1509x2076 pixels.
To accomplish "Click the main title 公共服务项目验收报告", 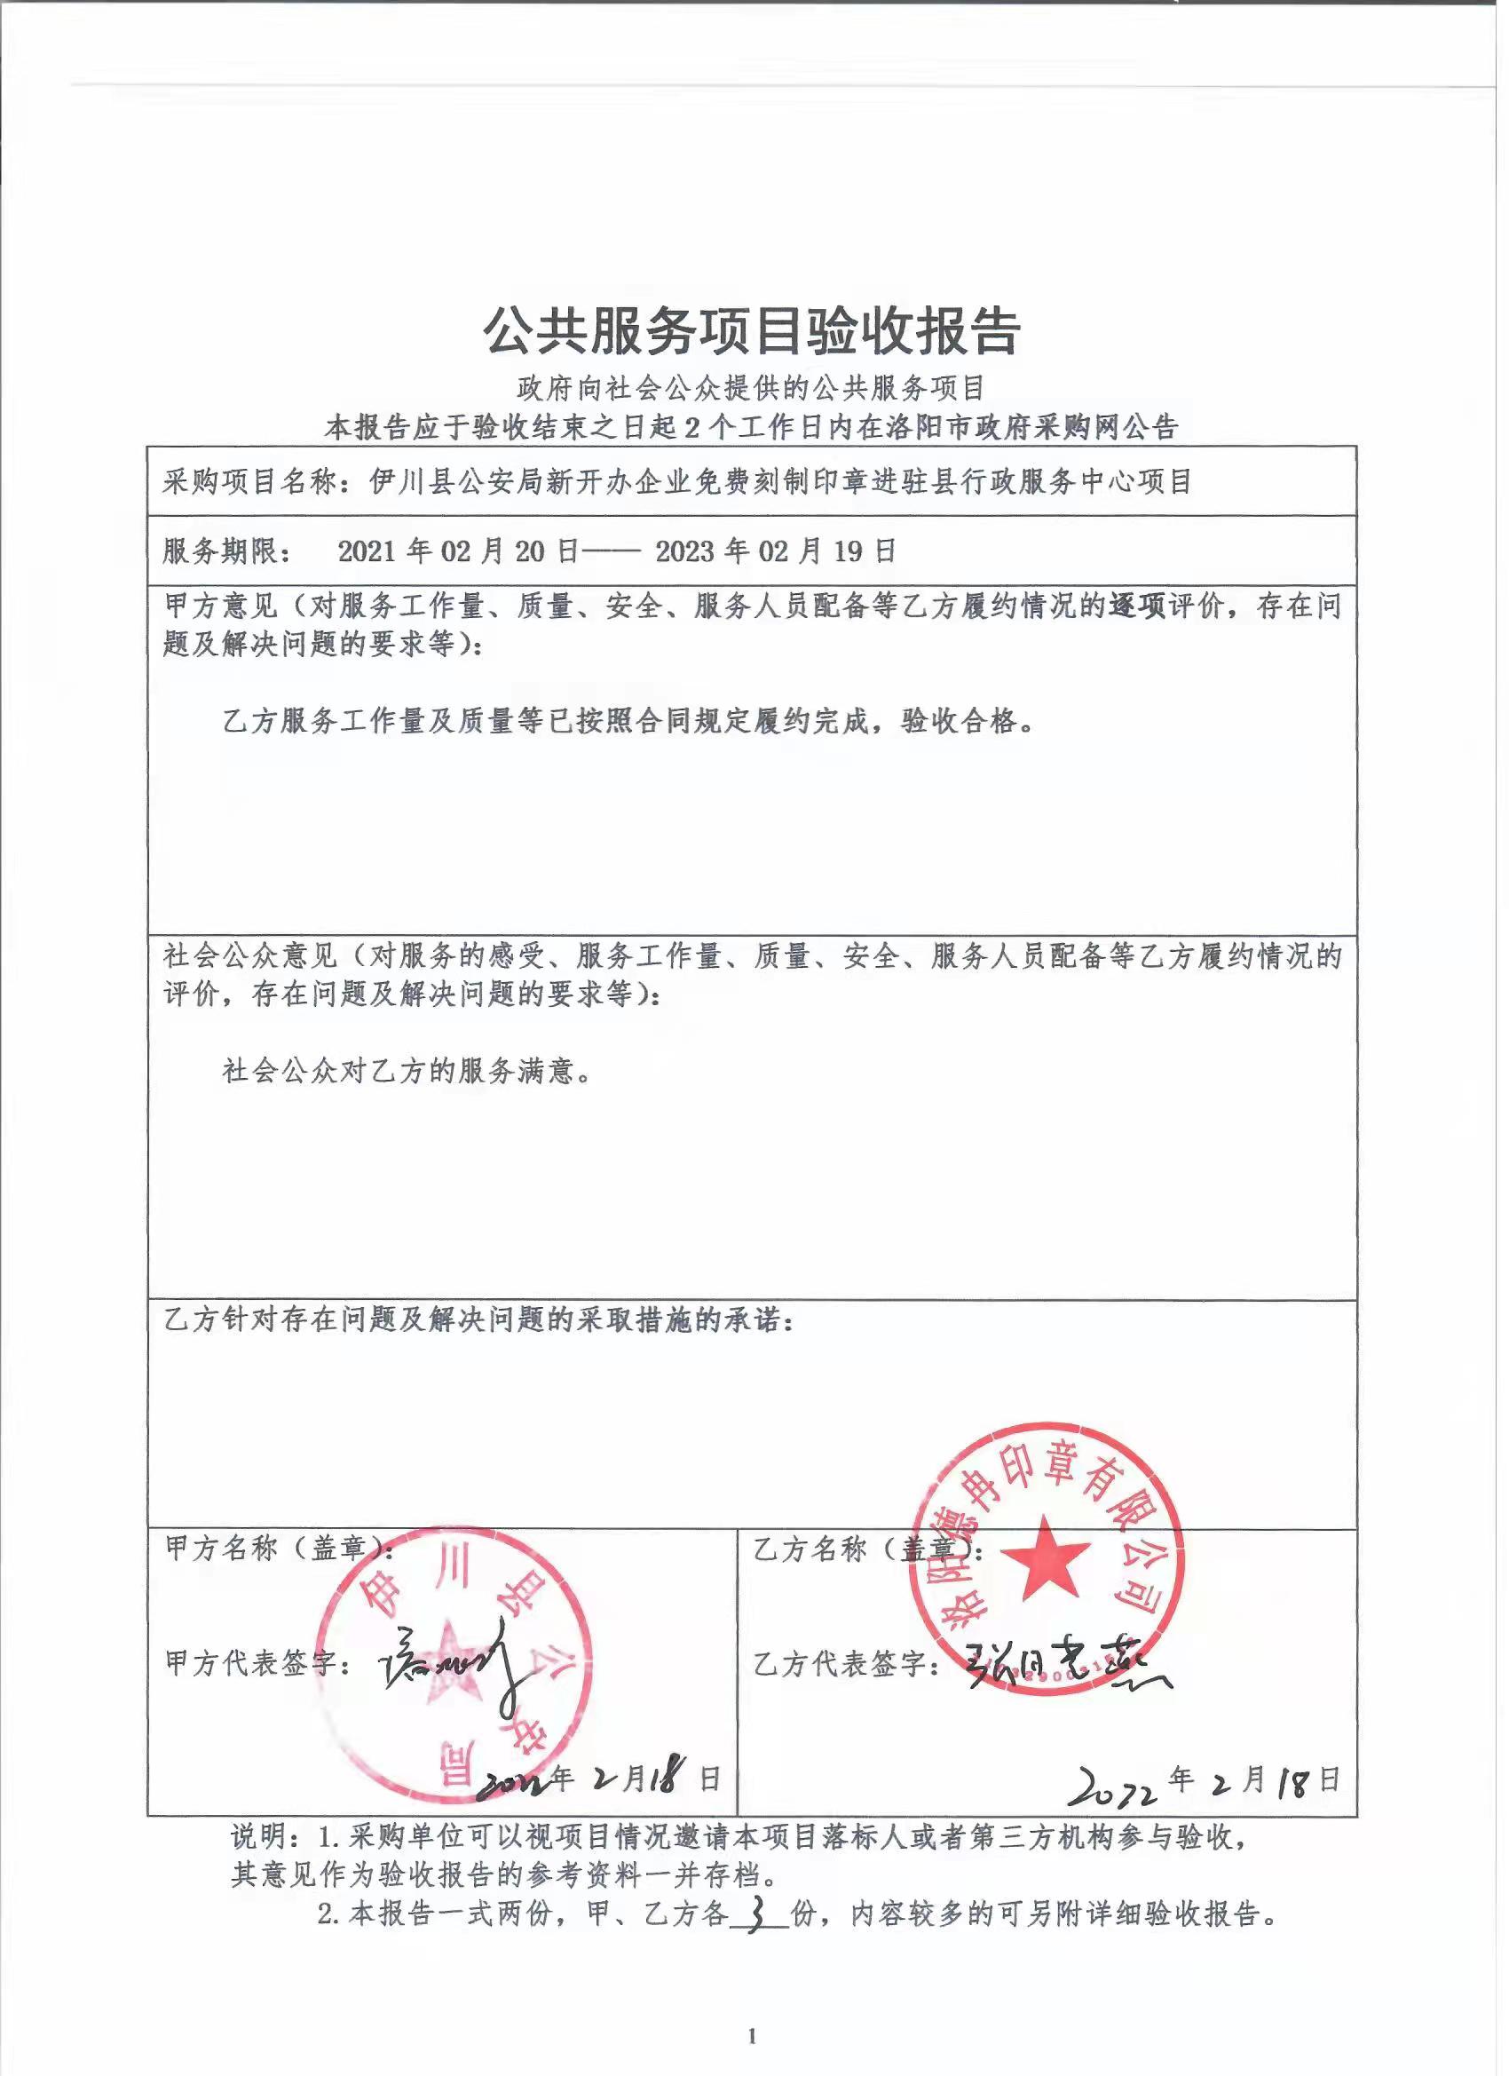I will pyautogui.click(x=752, y=331).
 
